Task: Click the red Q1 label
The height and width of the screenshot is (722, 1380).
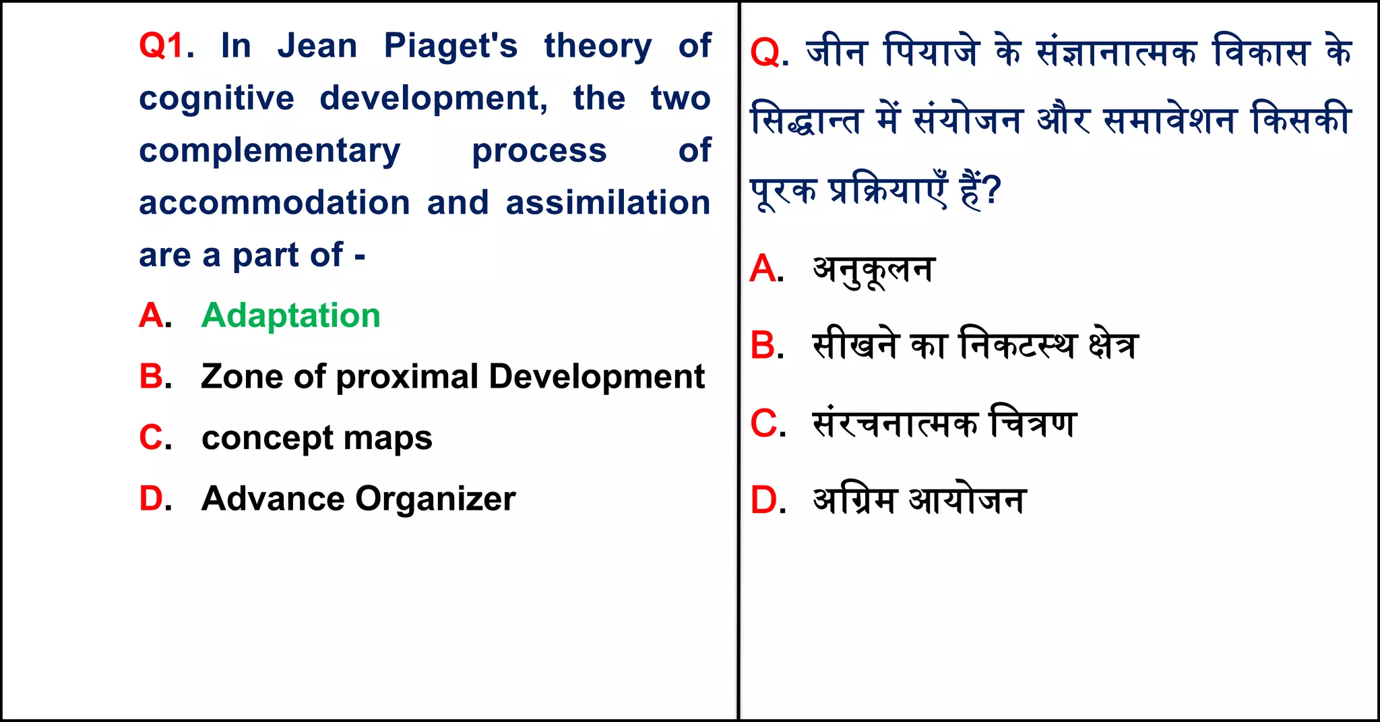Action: click(162, 46)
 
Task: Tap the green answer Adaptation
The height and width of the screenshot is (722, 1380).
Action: click(290, 315)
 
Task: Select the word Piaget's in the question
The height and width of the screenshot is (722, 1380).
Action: click(450, 46)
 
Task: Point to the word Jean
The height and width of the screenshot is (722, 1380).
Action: click(317, 46)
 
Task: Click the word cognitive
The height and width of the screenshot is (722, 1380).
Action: click(216, 99)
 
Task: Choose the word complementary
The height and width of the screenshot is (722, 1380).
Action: click(270, 150)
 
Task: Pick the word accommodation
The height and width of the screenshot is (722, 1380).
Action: click(274, 203)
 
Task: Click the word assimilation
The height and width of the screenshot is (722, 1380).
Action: click(608, 203)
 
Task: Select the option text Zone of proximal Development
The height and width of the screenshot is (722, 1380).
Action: click(452, 376)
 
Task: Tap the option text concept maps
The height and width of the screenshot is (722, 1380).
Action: click(317, 438)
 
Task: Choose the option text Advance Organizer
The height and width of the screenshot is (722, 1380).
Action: click(358, 499)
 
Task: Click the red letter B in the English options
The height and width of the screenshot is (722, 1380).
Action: click(151, 376)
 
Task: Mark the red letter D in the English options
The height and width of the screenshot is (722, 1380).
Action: click(151, 499)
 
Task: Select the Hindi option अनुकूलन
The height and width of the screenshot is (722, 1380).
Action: click(873, 270)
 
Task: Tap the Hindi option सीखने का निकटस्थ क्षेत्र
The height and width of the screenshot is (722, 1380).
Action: click(975, 345)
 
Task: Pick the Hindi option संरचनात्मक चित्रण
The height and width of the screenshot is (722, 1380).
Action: click(944, 423)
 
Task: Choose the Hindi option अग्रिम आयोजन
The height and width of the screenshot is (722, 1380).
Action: click(919, 500)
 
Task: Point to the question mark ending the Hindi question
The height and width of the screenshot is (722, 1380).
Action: click(991, 191)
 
